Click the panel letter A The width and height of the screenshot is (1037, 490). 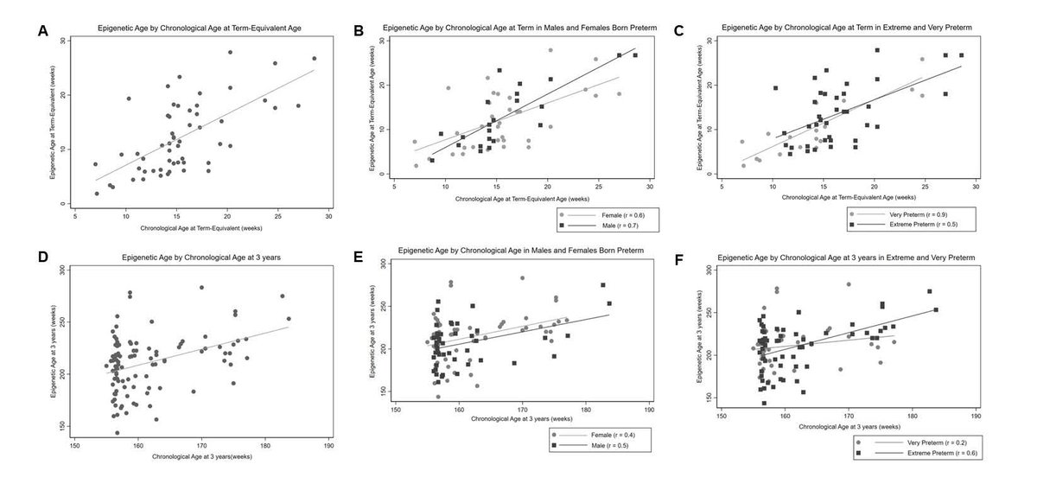(42, 31)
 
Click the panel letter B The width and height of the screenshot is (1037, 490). (359, 30)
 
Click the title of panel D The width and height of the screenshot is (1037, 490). (193, 258)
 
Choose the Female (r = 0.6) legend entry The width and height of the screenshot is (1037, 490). (608, 212)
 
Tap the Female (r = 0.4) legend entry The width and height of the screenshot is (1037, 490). (608, 434)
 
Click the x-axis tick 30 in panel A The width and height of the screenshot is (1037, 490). (329, 217)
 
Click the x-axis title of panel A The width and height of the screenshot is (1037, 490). (201, 229)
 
